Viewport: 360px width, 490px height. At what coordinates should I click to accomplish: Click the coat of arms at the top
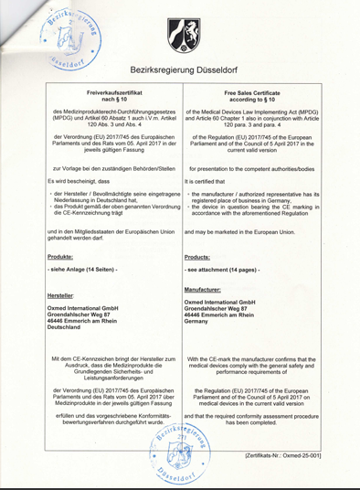coord(179,35)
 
